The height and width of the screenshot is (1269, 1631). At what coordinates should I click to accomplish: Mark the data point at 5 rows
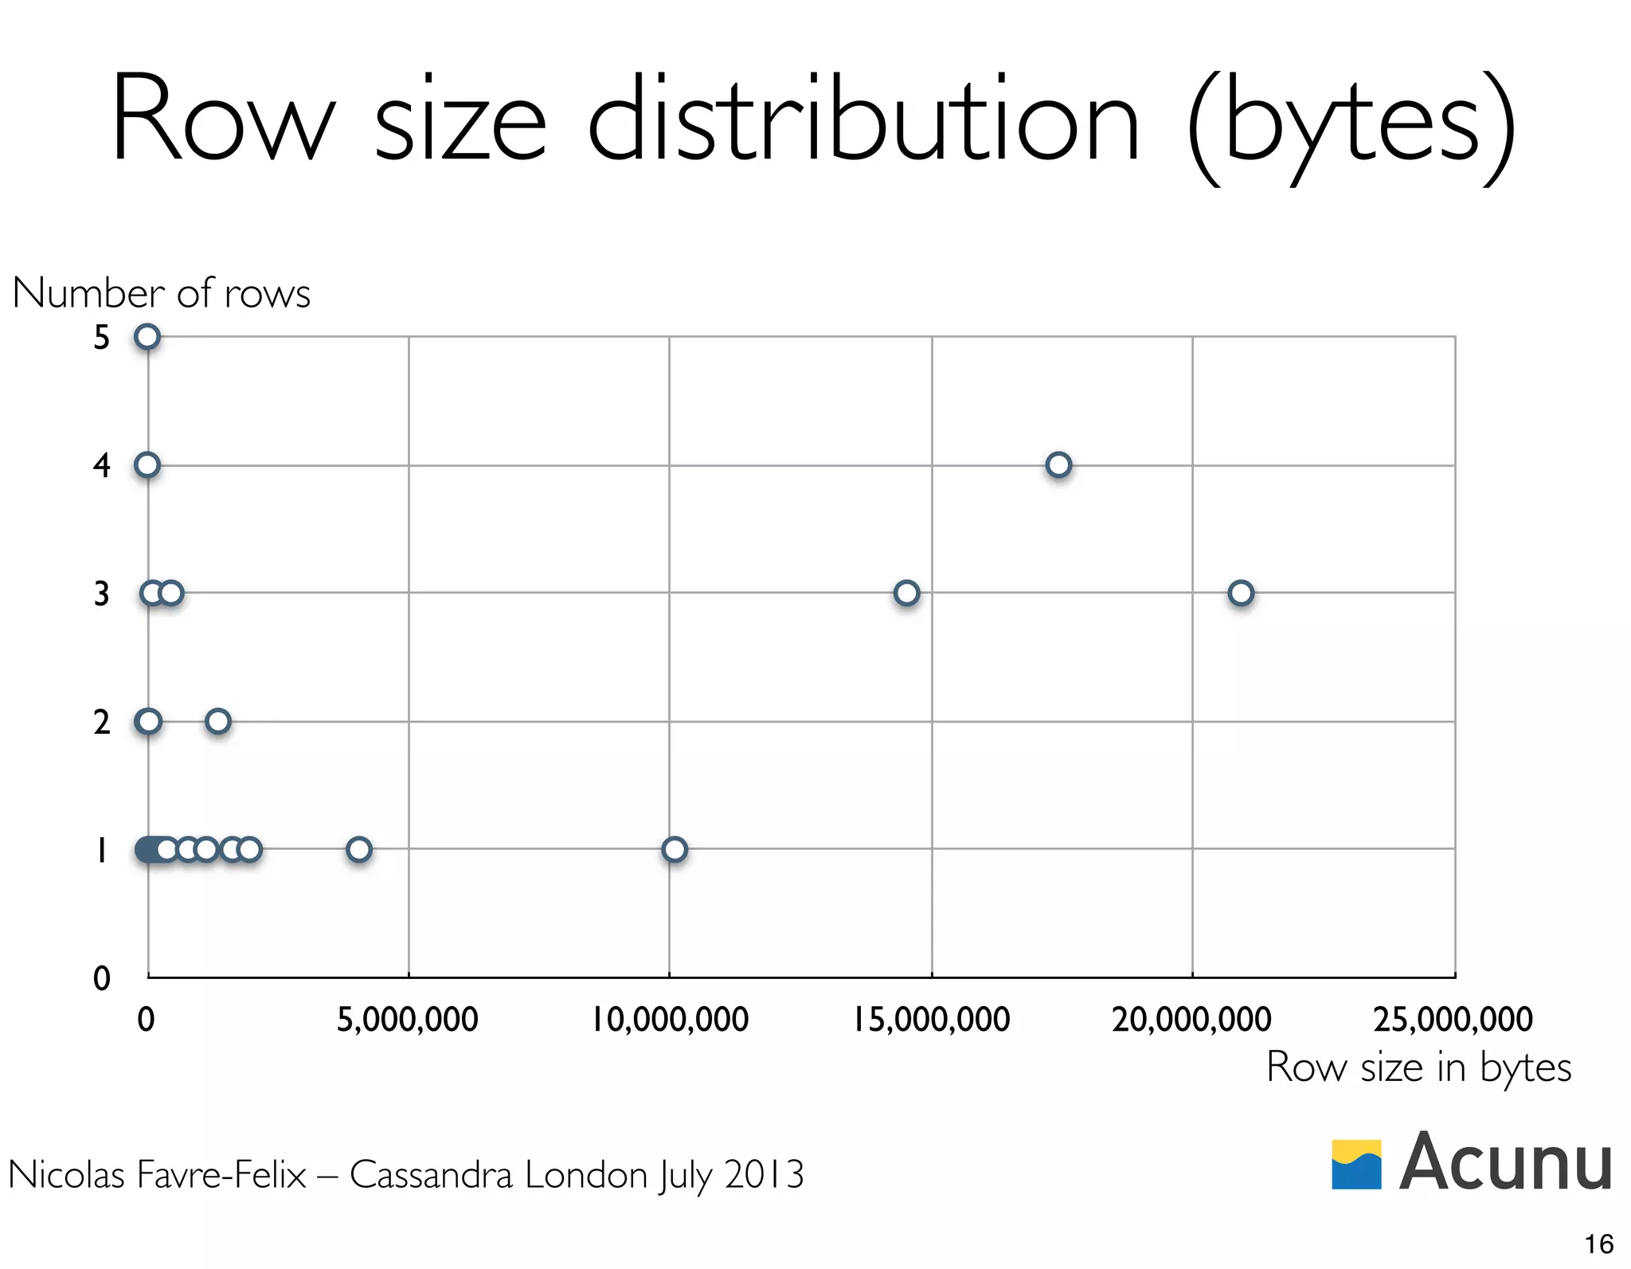[x=147, y=337]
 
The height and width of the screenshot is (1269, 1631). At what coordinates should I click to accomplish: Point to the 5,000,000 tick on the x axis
[x=407, y=1020]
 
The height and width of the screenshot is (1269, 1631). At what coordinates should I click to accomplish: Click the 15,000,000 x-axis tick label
[x=931, y=1020]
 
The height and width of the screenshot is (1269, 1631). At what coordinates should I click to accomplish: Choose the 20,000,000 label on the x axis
[x=1191, y=1020]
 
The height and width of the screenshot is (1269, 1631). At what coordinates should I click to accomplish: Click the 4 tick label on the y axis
[x=101, y=465]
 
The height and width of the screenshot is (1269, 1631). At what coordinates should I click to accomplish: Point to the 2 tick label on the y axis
[x=101, y=723]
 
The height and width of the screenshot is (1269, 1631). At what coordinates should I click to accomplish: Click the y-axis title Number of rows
[x=161, y=293]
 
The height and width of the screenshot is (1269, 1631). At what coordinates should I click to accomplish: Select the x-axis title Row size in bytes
[x=1418, y=1067]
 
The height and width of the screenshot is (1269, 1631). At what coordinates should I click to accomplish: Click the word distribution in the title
[x=864, y=119]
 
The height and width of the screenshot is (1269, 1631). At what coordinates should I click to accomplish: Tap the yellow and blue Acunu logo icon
[x=1356, y=1164]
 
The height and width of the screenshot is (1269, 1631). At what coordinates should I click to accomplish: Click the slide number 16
[x=1598, y=1244]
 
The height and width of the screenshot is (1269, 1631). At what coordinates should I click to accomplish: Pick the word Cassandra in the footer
[x=431, y=1174]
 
